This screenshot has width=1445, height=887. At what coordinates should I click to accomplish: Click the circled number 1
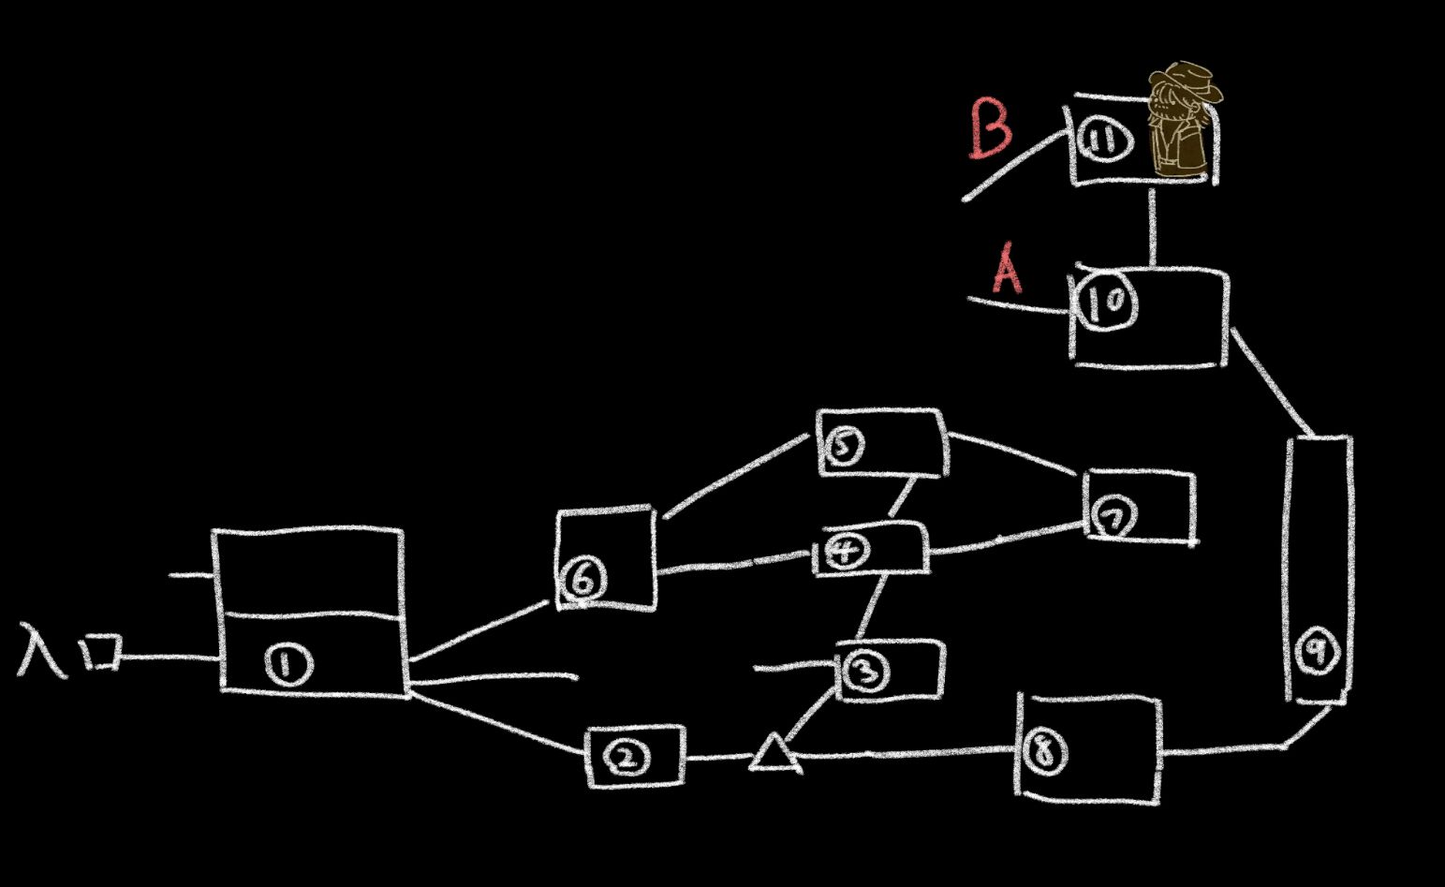tap(287, 665)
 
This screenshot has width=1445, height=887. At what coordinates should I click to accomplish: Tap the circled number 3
tap(864, 671)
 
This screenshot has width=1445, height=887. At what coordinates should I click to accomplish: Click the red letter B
tap(990, 128)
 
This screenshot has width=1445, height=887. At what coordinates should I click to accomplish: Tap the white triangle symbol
tap(774, 756)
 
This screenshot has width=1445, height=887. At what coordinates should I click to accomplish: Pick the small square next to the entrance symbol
tap(102, 652)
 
